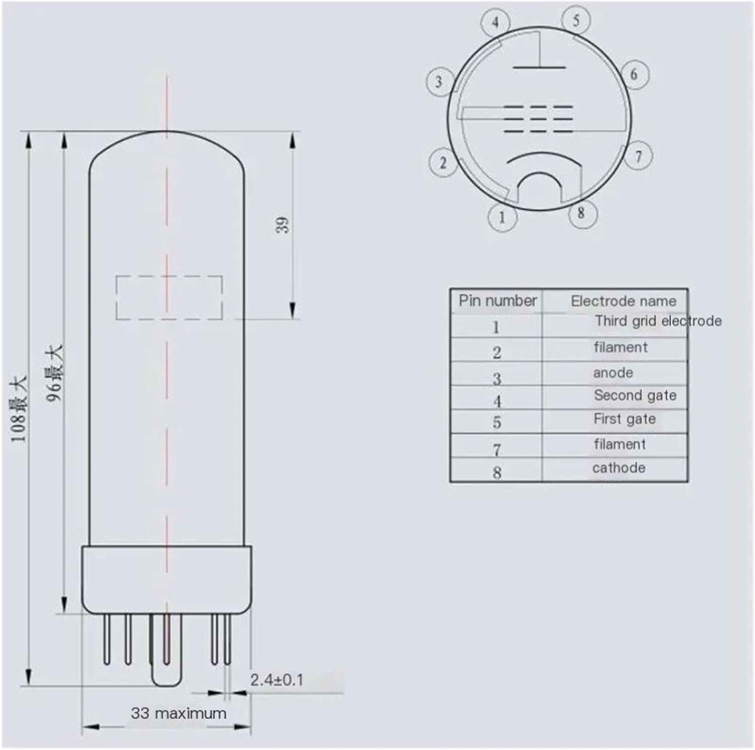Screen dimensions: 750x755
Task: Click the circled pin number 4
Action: [x=495, y=23]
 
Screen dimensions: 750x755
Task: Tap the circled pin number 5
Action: [x=576, y=20]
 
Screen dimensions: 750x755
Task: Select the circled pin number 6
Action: [x=634, y=75]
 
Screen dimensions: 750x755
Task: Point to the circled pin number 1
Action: [x=502, y=217]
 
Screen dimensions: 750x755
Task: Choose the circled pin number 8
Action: [x=582, y=213]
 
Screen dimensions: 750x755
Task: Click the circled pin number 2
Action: [x=443, y=163]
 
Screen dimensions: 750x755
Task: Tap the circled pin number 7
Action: [x=638, y=156]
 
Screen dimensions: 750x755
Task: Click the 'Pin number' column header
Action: [x=497, y=301]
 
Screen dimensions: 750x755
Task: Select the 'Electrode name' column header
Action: [x=623, y=301]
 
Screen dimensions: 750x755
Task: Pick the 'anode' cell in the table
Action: [x=613, y=373]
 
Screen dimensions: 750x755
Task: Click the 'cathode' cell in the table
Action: [x=619, y=468]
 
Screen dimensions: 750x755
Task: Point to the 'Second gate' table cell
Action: [x=635, y=395]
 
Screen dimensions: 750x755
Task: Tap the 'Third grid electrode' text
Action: [x=658, y=321]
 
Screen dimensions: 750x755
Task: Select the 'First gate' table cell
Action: [x=624, y=419]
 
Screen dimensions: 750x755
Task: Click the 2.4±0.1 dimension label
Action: [x=277, y=680]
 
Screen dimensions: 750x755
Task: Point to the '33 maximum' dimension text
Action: [x=178, y=713]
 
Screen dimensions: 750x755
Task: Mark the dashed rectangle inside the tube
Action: [x=169, y=297]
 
